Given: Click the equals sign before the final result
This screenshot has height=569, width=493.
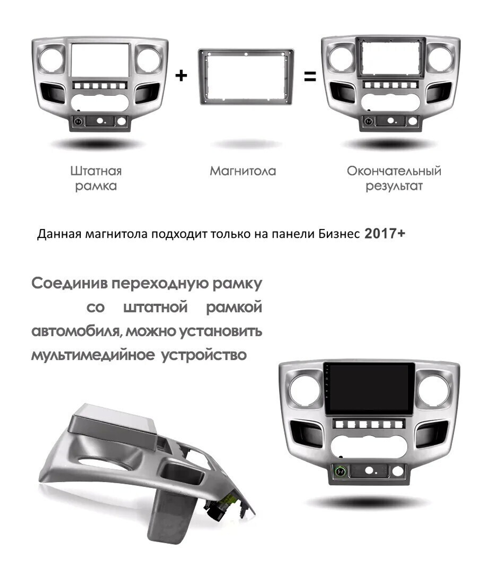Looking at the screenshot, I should [310, 76].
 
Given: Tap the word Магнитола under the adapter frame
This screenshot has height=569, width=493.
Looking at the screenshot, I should [243, 171].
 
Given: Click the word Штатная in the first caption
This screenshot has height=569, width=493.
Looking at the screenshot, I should [96, 171].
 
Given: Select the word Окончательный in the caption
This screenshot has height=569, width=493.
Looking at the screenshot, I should [394, 171].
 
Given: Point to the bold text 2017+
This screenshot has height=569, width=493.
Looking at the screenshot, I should [385, 233].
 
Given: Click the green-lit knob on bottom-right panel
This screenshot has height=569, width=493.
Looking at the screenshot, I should [341, 472].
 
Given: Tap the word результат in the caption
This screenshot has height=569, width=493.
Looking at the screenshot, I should [394, 187].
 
